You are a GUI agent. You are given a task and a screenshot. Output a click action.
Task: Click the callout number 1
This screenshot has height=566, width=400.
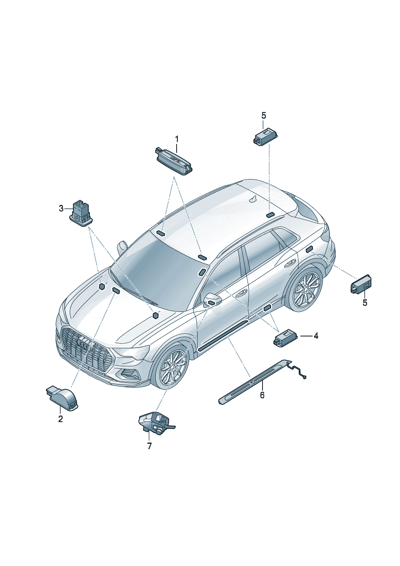(x=177, y=139)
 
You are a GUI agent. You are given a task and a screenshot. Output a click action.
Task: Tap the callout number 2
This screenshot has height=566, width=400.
(x=60, y=419)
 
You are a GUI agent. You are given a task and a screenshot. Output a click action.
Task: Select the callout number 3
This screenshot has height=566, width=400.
(x=61, y=209)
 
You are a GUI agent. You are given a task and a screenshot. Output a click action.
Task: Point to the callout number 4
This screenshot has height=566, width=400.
(x=316, y=336)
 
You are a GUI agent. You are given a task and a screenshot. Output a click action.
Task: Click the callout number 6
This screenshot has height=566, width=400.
(x=262, y=395)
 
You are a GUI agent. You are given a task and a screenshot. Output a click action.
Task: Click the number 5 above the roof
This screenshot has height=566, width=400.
(x=264, y=116)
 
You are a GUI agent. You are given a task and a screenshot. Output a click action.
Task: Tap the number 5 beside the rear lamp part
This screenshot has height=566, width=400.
(x=365, y=303)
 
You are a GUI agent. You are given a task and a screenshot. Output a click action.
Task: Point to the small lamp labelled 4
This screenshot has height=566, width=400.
(x=286, y=338)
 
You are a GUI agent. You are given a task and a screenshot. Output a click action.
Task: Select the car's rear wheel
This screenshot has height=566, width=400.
(x=306, y=288)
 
